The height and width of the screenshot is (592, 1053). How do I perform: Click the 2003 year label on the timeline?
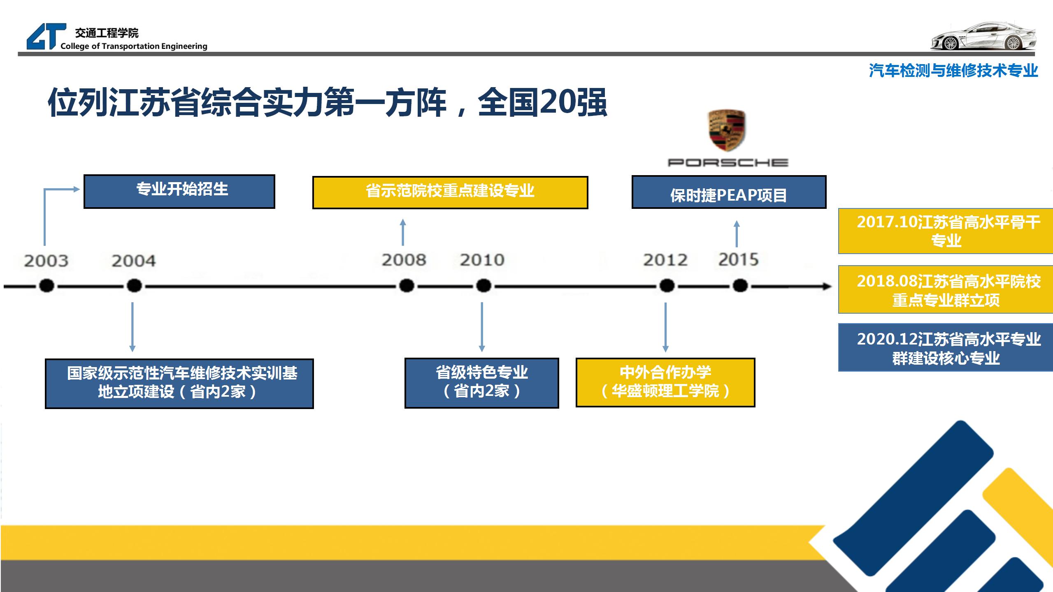pos(46,261)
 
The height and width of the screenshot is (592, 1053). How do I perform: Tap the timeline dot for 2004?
pos(134,285)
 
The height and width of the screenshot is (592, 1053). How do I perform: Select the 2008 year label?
pos(404,260)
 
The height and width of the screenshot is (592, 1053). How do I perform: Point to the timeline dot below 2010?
pos(483,285)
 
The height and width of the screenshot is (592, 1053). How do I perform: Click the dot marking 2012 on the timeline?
pos(667,285)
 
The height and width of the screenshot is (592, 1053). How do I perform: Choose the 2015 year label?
pos(738,259)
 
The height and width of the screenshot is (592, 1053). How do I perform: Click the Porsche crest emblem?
pos(727,131)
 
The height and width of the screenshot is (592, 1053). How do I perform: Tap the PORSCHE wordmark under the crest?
pos(728,163)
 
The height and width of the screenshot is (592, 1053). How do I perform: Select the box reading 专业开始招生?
pos(179,191)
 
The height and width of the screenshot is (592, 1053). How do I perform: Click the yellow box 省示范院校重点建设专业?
pos(450,192)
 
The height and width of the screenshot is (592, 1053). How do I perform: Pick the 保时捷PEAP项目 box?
pos(729,192)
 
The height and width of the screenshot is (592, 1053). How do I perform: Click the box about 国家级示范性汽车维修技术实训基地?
pos(179,383)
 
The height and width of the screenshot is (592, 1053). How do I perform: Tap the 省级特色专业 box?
pos(482,383)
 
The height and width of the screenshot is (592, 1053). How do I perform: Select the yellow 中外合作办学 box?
pos(665,382)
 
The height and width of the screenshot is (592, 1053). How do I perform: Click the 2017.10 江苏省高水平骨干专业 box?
pos(946,231)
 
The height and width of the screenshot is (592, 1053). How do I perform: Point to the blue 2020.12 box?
pos(946,348)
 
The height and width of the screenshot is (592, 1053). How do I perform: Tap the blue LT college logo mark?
pos(45,37)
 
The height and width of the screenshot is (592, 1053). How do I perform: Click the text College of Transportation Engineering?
pos(134,46)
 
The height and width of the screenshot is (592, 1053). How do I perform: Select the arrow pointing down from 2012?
pos(665,327)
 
